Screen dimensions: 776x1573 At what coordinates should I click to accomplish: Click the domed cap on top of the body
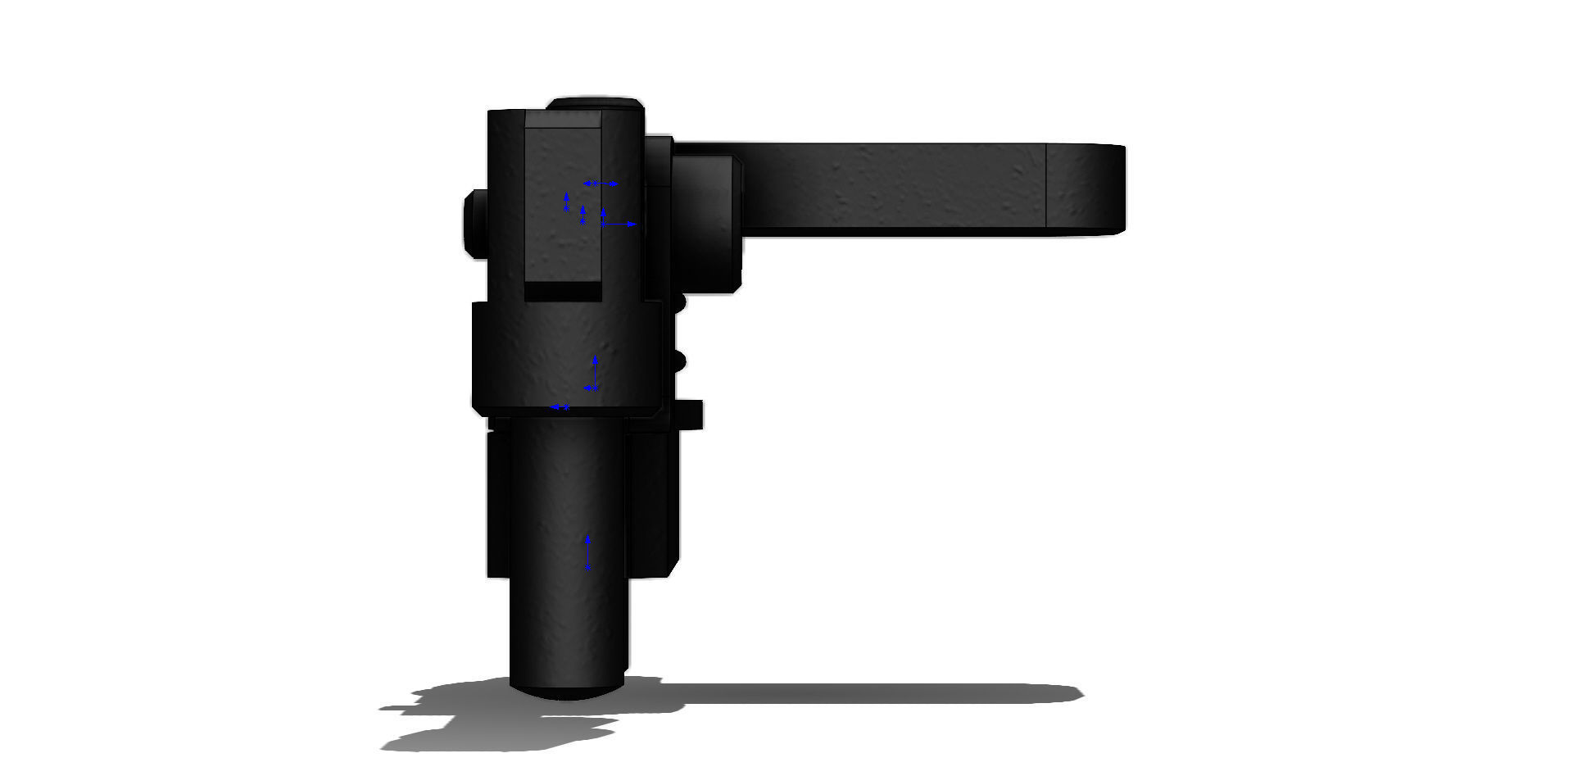tap(595, 103)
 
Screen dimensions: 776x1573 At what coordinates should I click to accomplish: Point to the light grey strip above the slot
tap(564, 120)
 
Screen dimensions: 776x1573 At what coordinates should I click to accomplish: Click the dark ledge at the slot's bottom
tap(563, 291)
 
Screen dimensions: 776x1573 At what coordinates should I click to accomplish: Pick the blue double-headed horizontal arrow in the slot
tap(601, 184)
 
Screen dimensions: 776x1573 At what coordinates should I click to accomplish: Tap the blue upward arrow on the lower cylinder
tap(587, 551)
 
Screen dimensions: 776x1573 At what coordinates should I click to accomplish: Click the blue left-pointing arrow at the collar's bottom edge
tap(560, 406)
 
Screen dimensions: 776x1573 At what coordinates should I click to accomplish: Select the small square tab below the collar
tap(691, 414)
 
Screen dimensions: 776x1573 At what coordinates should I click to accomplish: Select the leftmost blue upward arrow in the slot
tap(566, 202)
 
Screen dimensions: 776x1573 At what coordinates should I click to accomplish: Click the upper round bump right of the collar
tap(679, 302)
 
